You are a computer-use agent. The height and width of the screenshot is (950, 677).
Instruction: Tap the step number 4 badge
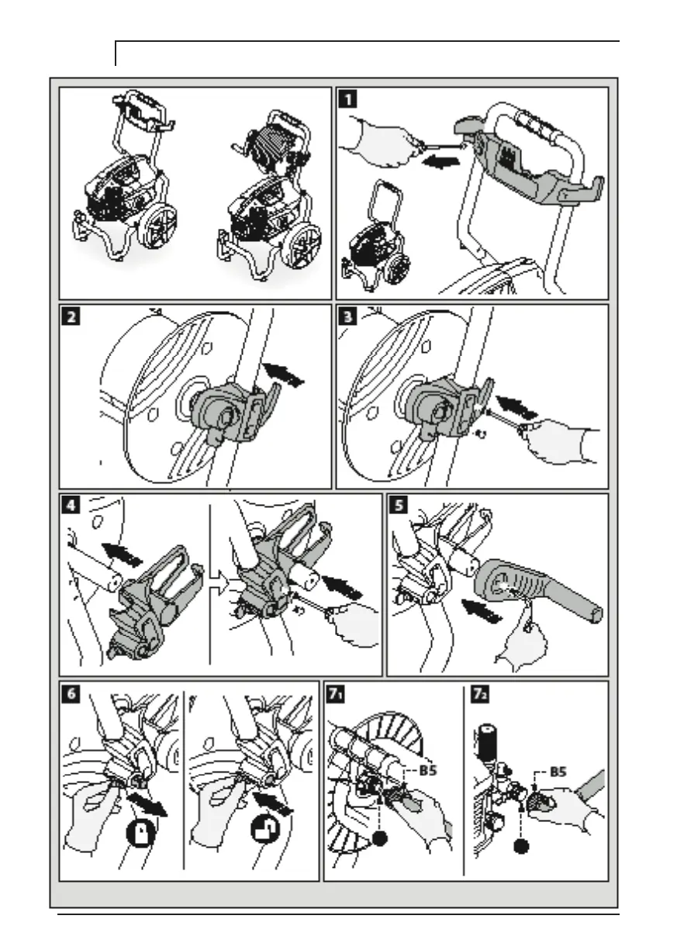tap(72, 506)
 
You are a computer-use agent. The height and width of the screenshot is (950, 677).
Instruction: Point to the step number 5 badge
tap(399, 506)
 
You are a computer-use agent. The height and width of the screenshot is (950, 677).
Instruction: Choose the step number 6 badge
tap(72, 693)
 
